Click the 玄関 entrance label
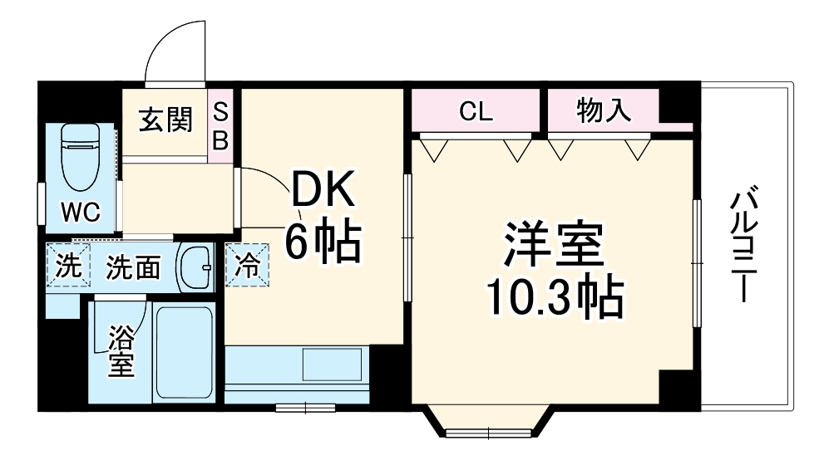coord(165,120)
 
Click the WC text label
coord(81,213)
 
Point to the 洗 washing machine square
coord(66,266)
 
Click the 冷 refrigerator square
coord(248,266)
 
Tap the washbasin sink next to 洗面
coord(196,267)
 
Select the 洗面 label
coord(133,267)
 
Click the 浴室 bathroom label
coord(121,350)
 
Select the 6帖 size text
coord(323,242)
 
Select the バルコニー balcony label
coord(743,246)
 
